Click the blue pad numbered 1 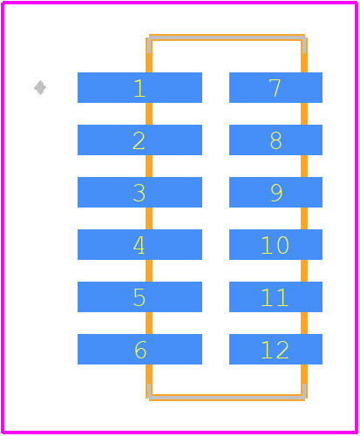point(139,87)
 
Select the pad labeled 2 point(139,140)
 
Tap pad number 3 point(139,192)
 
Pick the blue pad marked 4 point(139,244)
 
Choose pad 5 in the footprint point(139,296)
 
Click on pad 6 point(139,349)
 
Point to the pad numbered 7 point(275,87)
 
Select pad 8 point(275,140)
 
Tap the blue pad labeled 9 point(275,192)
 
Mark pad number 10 point(275,244)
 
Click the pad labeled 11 point(275,296)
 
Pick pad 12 point(275,349)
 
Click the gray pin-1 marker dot point(40,87)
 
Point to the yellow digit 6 point(140,350)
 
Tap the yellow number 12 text point(275,350)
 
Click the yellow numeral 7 point(275,88)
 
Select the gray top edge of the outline point(227,37)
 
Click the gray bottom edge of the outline point(227,397)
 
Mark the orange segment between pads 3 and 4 point(149,218)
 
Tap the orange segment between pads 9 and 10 point(304,218)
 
